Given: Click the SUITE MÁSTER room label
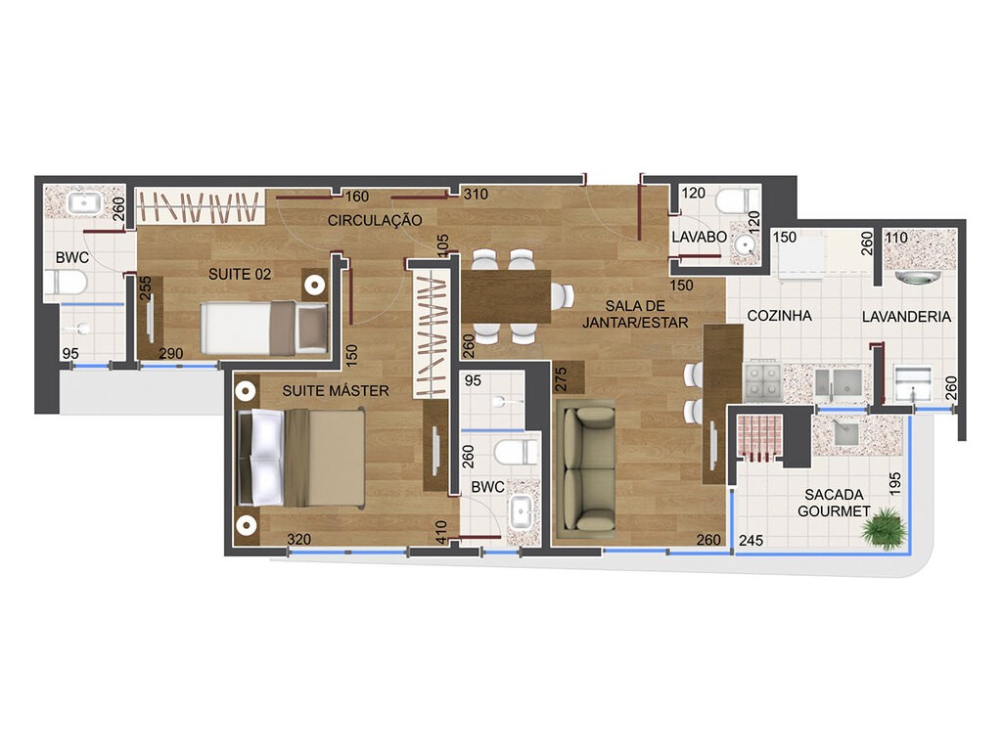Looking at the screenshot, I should pyautogui.click(x=336, y=391).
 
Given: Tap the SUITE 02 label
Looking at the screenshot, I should pyautogui.click(x=239, y=275).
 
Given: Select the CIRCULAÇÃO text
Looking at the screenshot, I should pyautogui.click(x=375, y=221).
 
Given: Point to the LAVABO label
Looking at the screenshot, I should pyautogui.click(x=699, y=238).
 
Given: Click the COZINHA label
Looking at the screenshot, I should pyautogui.click(x=780, y=316).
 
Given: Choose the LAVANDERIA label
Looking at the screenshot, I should pyautogui.click(x=907, y=317).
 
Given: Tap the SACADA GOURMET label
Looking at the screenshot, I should pyautogui.click(x=834, y=504).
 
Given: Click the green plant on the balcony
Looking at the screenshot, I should pyautogui.click(x=884, y=528).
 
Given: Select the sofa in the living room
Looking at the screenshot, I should pyautogui.click(x=584, y=470).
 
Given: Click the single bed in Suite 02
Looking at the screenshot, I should pyautogui.click(x=262, y=327).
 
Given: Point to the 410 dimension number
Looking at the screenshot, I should pyautogui.click(x=441, y=531).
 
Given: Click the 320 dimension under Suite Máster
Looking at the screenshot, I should pyautogui.click(x=300, y=539).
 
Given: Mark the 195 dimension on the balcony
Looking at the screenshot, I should pyautogui.click(x=892, y=483).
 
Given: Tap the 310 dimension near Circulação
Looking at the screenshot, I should pyautogui.click(x=476, y=195).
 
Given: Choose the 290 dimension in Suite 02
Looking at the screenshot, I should pyautogui.click(x=173, y=353).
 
